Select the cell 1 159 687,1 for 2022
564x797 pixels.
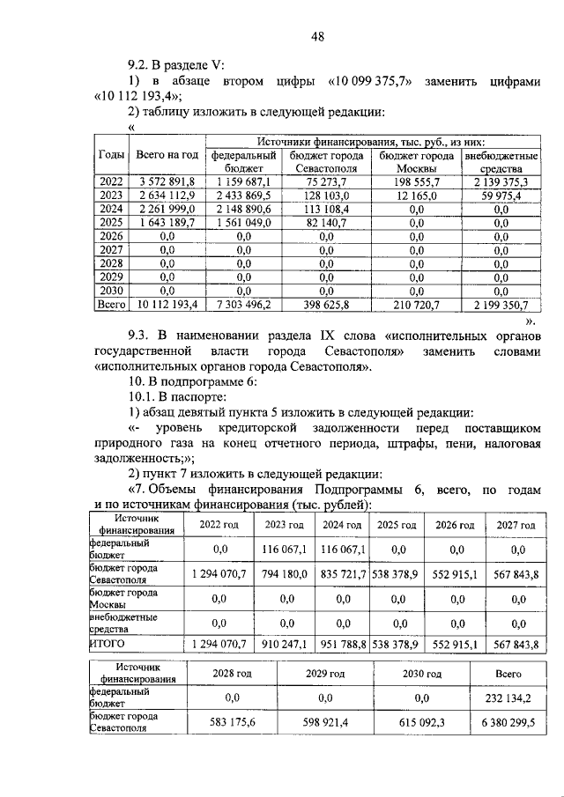point(242,181)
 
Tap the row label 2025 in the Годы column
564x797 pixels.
point(111,224)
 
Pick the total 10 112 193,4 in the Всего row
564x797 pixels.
point(167,306)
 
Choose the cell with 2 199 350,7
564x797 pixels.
point(501,306)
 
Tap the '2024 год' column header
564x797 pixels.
point(341,525)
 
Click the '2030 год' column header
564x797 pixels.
point(421,673)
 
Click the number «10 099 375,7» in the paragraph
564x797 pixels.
point(372,82)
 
